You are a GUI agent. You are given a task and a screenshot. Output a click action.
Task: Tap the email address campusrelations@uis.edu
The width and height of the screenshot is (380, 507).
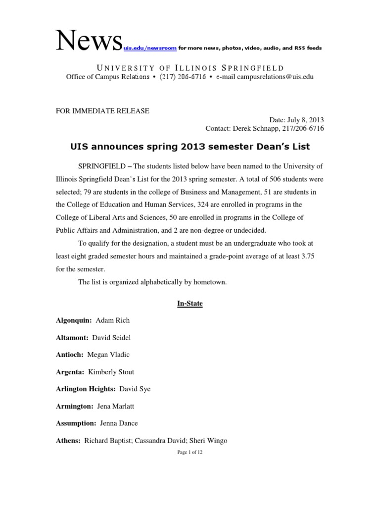tap(275, 77)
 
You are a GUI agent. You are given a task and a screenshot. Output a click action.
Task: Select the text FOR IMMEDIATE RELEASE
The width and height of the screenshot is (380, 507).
tap(102, 111)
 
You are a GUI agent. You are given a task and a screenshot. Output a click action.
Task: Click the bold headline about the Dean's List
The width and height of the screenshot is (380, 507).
tap(190, 147)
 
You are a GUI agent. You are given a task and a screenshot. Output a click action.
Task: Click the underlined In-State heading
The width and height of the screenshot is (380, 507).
tap(190, 304)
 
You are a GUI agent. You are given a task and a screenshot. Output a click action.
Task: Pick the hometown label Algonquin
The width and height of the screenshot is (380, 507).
tap(74, 320)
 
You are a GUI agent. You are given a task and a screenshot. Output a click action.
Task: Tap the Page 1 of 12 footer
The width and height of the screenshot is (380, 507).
tap(190, 453)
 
